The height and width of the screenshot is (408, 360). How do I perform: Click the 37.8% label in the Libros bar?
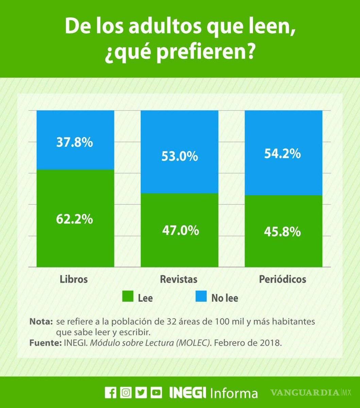click(x=74, y=142)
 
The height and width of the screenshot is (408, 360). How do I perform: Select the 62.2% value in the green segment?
click(x=74, y=219)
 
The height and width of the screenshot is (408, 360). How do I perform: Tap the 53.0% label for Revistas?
click(x=180, y=156)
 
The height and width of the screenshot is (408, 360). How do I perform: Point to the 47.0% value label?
click(x=181, y=230)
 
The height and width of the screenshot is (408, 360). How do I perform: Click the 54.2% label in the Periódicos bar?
click(x=282, y=154)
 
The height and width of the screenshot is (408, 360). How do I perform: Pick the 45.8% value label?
click(x=282, y=232)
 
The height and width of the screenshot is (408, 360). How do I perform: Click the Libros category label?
click(x=74, y=279)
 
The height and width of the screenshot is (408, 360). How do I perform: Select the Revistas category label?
click(x=178, y=279)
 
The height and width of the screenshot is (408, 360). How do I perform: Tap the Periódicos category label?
click(x=282, y=279)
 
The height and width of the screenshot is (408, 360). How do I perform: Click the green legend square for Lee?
click(x=127, y=296)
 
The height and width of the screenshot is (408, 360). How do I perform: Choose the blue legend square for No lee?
click(x=201, y=296)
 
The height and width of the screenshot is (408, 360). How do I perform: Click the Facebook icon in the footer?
click(x=110, y=393)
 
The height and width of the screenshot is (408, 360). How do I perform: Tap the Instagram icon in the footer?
click(x=126, y=393)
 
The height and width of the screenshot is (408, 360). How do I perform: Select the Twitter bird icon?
click(x=141, y=393)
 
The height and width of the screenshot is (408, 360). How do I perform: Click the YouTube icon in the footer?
click(x=156, y=393)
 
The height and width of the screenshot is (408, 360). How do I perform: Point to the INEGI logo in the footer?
click(x=188, y=393)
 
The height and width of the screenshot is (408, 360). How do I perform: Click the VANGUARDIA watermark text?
click(x=305, y=393)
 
